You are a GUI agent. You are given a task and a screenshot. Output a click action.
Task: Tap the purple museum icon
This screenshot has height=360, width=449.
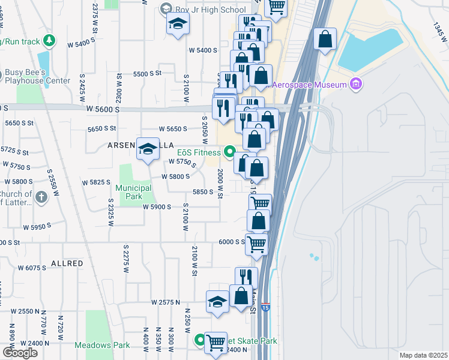click(357, 84)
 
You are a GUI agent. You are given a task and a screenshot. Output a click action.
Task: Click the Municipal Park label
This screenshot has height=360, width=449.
click(134, 192)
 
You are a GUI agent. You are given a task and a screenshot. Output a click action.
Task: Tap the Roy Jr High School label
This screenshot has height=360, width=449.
click(208, 10)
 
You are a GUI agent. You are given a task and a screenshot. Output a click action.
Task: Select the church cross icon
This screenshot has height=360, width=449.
click(41, 197)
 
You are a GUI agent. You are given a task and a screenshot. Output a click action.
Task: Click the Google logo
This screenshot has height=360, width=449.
click(20, 353)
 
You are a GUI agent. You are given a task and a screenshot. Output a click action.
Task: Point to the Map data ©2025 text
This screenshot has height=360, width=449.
click(423, 355)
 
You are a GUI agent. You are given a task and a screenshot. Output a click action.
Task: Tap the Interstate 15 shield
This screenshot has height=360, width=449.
click(266, 307)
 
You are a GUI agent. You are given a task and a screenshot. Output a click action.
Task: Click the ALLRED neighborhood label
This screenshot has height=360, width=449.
click(67, 263)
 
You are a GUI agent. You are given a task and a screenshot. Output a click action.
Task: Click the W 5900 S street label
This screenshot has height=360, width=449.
click(157, 206)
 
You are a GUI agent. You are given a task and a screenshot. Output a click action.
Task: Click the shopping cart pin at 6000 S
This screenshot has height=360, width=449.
click(257, 244)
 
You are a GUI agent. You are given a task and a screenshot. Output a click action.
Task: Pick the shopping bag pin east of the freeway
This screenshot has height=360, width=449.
click(325, 40)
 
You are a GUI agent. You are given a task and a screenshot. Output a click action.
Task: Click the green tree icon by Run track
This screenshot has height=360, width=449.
click(50, 41)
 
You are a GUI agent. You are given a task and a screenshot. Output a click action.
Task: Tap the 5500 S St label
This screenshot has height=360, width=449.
click(148, 74)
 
